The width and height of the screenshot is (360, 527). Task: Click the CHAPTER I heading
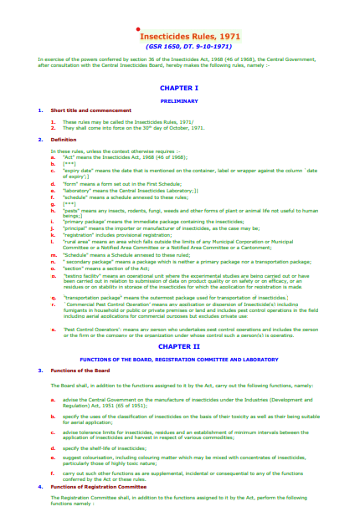[x=178, y=87]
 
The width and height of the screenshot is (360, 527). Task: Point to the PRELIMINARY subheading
[x=178, y=100]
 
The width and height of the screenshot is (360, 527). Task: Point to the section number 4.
[x=39, y=486]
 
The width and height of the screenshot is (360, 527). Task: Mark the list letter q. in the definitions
[x=53, y=296]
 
